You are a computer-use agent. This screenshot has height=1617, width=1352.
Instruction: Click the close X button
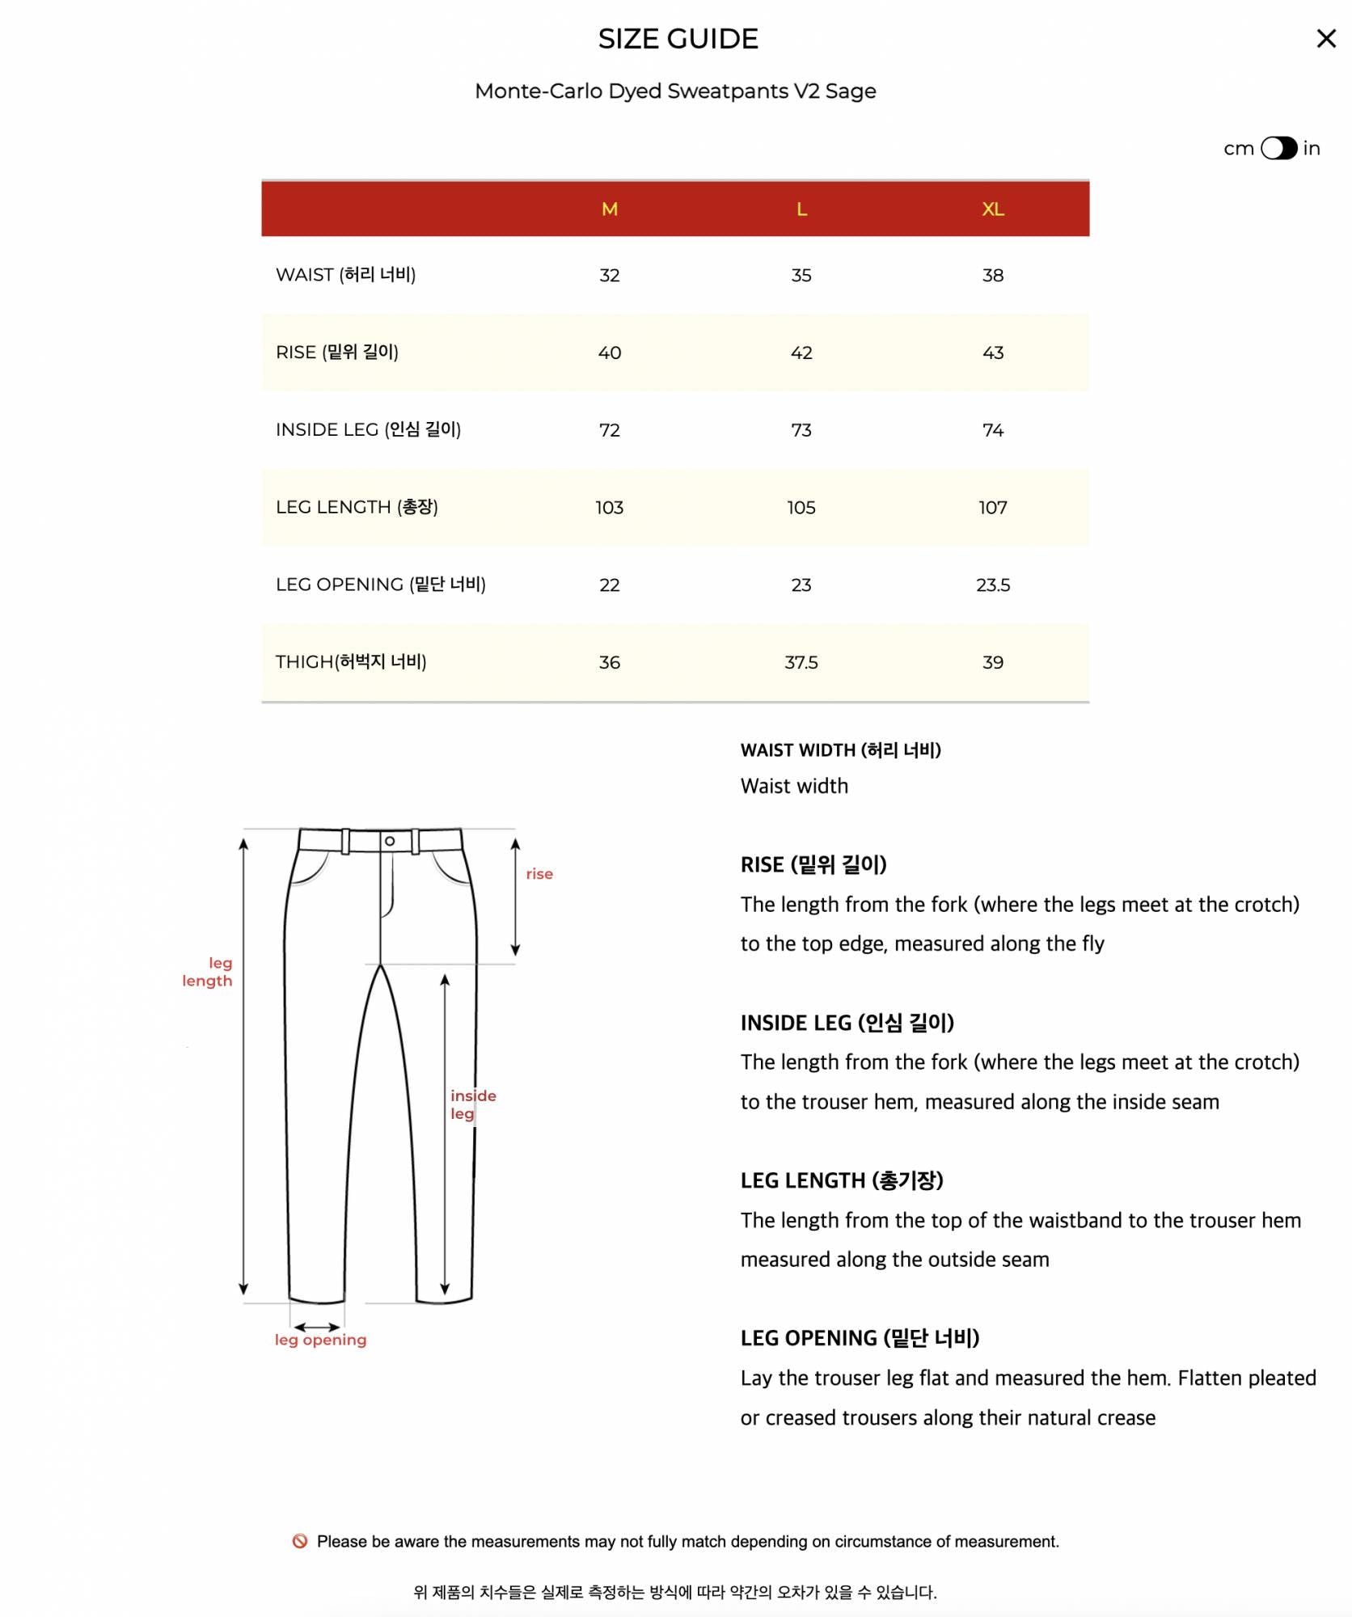(1325, 39)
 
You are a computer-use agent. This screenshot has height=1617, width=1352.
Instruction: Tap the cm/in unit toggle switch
(1278, 148)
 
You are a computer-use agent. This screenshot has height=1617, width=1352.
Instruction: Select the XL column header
(992, 209)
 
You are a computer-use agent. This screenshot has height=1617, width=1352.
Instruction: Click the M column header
(610, 209)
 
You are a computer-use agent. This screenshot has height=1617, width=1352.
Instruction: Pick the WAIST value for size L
(801, 276)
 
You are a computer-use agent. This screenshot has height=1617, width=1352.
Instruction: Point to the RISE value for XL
(992, 353)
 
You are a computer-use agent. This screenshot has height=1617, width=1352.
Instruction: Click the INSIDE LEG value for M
(610, 430)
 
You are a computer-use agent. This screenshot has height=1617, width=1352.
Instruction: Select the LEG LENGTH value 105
(801, 508)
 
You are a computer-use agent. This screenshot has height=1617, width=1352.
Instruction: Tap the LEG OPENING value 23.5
(992, 585)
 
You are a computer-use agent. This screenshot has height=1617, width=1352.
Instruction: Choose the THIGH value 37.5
(801, 663)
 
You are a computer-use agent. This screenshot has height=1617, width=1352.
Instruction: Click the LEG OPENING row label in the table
(380, 585)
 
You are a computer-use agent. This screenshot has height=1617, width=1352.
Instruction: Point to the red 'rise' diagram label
(539, 874)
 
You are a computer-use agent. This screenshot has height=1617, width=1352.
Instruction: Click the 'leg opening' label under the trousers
(320, 1340)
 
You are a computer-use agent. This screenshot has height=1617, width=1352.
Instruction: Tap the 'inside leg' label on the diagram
(472, 1104)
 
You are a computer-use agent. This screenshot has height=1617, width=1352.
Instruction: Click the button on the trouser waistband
(390, 841)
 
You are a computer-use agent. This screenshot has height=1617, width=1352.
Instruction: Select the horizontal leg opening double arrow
(317, 1327)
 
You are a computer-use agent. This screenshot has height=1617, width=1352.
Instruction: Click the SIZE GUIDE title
(678, 39)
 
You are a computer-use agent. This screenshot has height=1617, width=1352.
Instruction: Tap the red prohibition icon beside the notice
(300, 1541)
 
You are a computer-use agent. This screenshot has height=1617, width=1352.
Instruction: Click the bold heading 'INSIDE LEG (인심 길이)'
(847, 1023)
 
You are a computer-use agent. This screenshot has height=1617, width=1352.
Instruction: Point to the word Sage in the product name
(850, 91)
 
